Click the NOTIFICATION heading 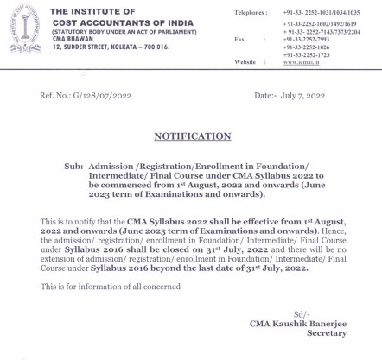(192, 136)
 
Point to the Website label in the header (245, 63)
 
